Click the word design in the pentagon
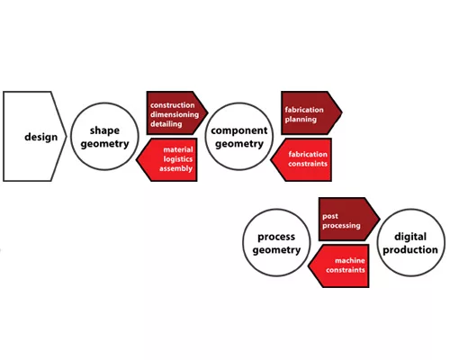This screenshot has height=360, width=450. pos(41,137)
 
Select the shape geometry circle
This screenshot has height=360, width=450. pos(104,137)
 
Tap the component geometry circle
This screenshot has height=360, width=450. pos(239,137)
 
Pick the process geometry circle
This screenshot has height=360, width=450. pos(276,243)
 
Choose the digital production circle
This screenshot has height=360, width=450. pos(410,243)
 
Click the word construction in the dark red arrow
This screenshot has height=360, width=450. pos(173,105)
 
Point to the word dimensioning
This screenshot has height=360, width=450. pos(175,114)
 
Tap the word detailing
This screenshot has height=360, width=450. pos(166,124)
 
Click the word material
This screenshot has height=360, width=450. pos(178,149)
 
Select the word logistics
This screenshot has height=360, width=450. pos(178,159)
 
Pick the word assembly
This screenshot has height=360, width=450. pos(175,168)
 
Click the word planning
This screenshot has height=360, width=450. pos(301,120)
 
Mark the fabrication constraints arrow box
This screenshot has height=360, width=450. pos(301,159)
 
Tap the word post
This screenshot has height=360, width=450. pos(330,216)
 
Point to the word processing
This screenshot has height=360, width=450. pos(341,226)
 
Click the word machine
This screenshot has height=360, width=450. pos(350,260)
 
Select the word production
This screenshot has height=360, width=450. pos(410,250)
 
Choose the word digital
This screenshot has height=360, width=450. pos(410,237)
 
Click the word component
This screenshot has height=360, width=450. pos(239,130)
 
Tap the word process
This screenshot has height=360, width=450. pos(276,237)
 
